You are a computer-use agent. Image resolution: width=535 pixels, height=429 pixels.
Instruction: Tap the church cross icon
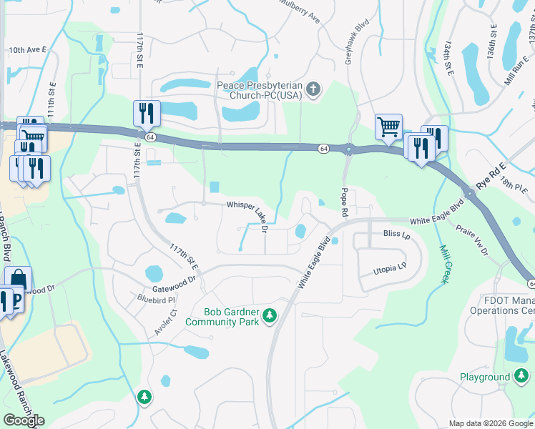(x=312, y=90)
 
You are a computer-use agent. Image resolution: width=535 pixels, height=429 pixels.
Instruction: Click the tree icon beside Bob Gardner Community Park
(x=270, y=315)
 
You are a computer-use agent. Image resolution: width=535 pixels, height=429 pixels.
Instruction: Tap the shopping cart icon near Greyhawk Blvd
(x=388, y=127)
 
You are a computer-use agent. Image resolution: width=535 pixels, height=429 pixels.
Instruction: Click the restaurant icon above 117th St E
(x=146, y=113)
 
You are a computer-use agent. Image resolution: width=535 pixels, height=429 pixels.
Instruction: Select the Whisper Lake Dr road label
(x=247, y=215)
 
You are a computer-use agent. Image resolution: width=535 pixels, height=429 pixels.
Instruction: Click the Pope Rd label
(x=344, y=202)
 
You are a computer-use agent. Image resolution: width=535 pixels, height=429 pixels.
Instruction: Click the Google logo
(x=24, y=420)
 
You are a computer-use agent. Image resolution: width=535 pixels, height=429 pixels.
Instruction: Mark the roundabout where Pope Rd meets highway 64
(x=349, y=150)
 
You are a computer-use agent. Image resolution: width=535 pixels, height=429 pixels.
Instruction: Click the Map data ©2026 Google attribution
(x=490, y=423)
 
